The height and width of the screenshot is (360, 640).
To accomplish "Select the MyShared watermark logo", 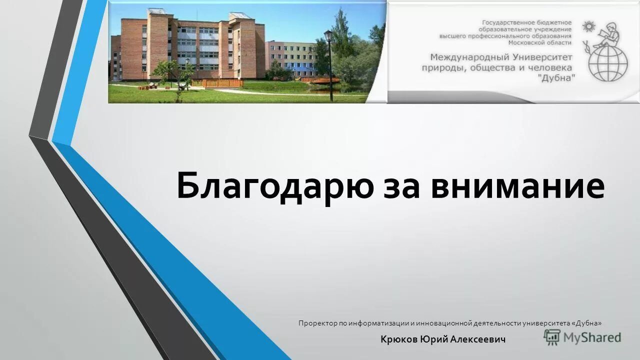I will coord(582,338).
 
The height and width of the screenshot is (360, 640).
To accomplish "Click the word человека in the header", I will coord(550,68).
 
